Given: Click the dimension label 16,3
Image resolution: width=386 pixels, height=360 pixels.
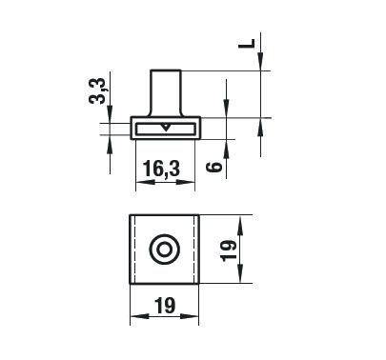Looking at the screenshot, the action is (161, 169).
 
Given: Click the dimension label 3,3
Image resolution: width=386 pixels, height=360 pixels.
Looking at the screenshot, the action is (96, 90).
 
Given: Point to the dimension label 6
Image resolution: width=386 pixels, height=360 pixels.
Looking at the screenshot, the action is (213, 167).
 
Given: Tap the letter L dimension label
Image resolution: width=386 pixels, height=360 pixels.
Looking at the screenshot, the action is (247, 44).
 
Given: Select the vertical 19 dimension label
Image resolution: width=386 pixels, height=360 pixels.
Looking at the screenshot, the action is (229, 250).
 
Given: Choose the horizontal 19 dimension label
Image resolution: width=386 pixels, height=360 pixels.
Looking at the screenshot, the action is (165, 306).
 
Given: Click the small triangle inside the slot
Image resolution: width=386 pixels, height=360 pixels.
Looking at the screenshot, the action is (165, 127).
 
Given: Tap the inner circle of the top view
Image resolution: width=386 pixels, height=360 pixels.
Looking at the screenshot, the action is (164, 250).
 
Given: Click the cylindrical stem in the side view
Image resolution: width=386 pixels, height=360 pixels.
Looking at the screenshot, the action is (166, 92).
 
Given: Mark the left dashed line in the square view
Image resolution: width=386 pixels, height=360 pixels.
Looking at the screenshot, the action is (135, 250).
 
